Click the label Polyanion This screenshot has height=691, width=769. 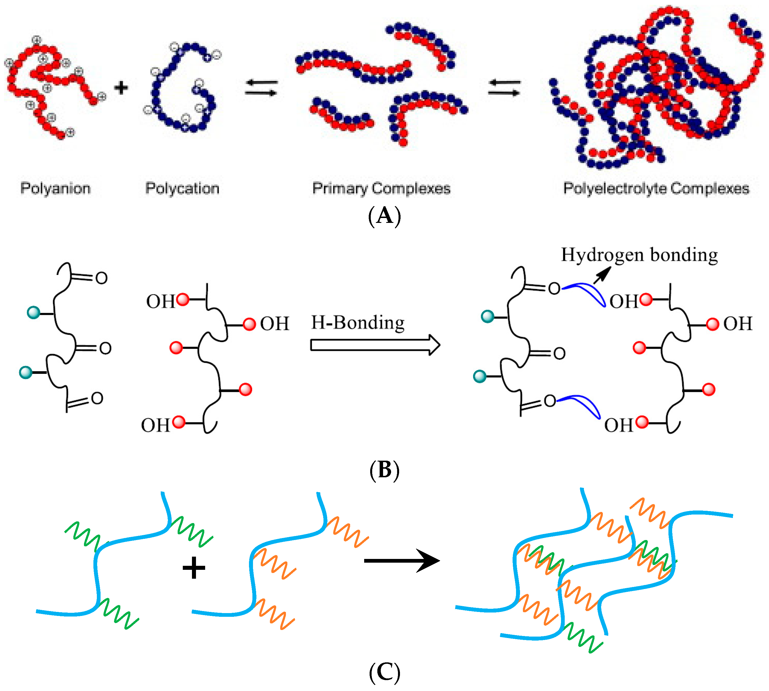(56, 188)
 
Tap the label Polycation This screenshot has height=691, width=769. (182, 188)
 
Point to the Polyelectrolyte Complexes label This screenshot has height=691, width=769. (656, 188)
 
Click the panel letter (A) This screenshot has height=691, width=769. (384, 216)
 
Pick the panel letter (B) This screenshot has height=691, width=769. (384, 470)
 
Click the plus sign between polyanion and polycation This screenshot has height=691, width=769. (121, 88)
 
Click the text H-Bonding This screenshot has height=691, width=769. (358, 323)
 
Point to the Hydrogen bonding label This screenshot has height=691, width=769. (639, 255)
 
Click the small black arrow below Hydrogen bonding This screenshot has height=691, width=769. (602, 275)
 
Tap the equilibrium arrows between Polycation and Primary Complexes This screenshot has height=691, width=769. (261, 88)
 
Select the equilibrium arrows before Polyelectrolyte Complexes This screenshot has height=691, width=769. (504, 88)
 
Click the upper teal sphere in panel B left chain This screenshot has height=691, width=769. (34, 313)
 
